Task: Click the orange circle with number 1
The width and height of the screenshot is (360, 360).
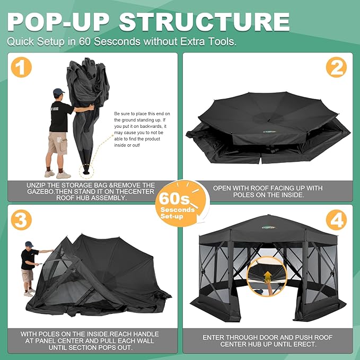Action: pyautogui.click(x=21, y=68)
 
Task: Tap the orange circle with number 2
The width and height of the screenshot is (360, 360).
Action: pyautogui.click(x=336, y=67)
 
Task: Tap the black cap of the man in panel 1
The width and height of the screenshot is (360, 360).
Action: pyautogui.click(x=58, y=92)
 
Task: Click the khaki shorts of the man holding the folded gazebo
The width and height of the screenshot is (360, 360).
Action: pyautogui.click(x=57, y=142)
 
